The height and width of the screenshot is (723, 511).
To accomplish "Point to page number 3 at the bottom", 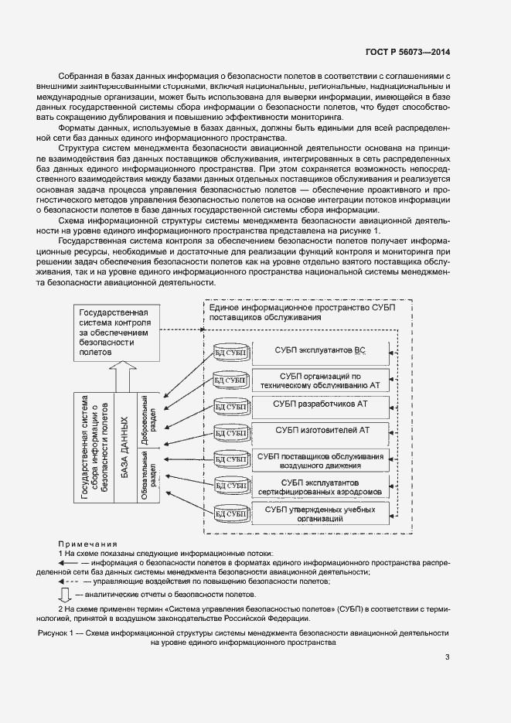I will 447,657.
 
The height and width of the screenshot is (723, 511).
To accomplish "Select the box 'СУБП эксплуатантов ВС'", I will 319,351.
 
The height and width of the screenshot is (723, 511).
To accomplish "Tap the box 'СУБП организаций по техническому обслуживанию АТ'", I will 319,379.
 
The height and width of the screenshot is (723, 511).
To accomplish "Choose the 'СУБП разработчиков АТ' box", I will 319,404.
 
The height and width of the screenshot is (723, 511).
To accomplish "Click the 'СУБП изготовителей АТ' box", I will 319,431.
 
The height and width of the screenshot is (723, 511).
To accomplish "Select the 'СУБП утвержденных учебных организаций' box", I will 319,514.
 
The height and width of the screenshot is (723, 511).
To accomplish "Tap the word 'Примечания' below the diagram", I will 87,544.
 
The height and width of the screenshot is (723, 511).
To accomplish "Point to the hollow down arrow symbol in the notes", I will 66,595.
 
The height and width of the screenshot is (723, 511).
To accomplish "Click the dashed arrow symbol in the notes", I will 68,580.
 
